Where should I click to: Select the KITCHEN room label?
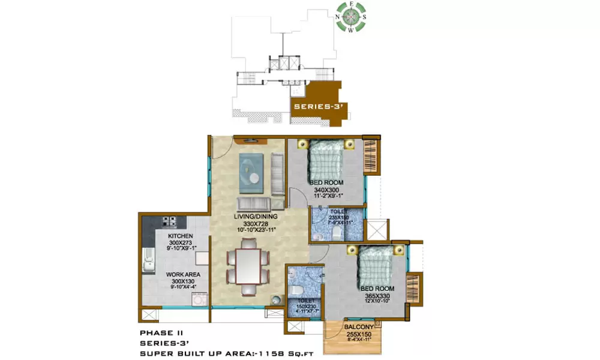point(180,236)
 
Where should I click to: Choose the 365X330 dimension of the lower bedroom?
point(377,296)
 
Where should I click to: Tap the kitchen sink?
point(148,262)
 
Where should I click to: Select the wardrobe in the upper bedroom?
point(369,157)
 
